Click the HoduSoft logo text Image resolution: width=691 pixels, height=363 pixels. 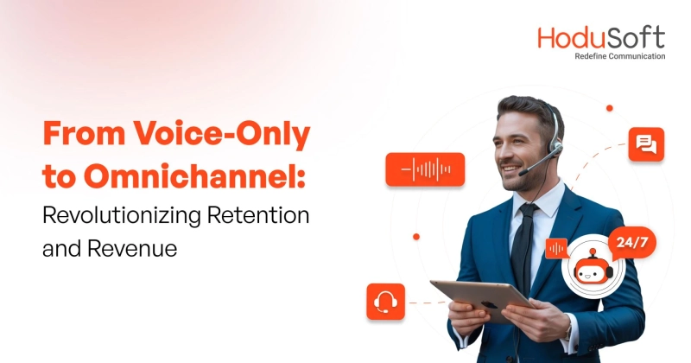click(601, 38)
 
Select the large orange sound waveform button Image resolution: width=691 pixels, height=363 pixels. click(425, 169)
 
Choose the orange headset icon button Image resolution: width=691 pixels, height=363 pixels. click(384, 302)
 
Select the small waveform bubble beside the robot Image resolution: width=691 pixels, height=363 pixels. click(556, 248)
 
